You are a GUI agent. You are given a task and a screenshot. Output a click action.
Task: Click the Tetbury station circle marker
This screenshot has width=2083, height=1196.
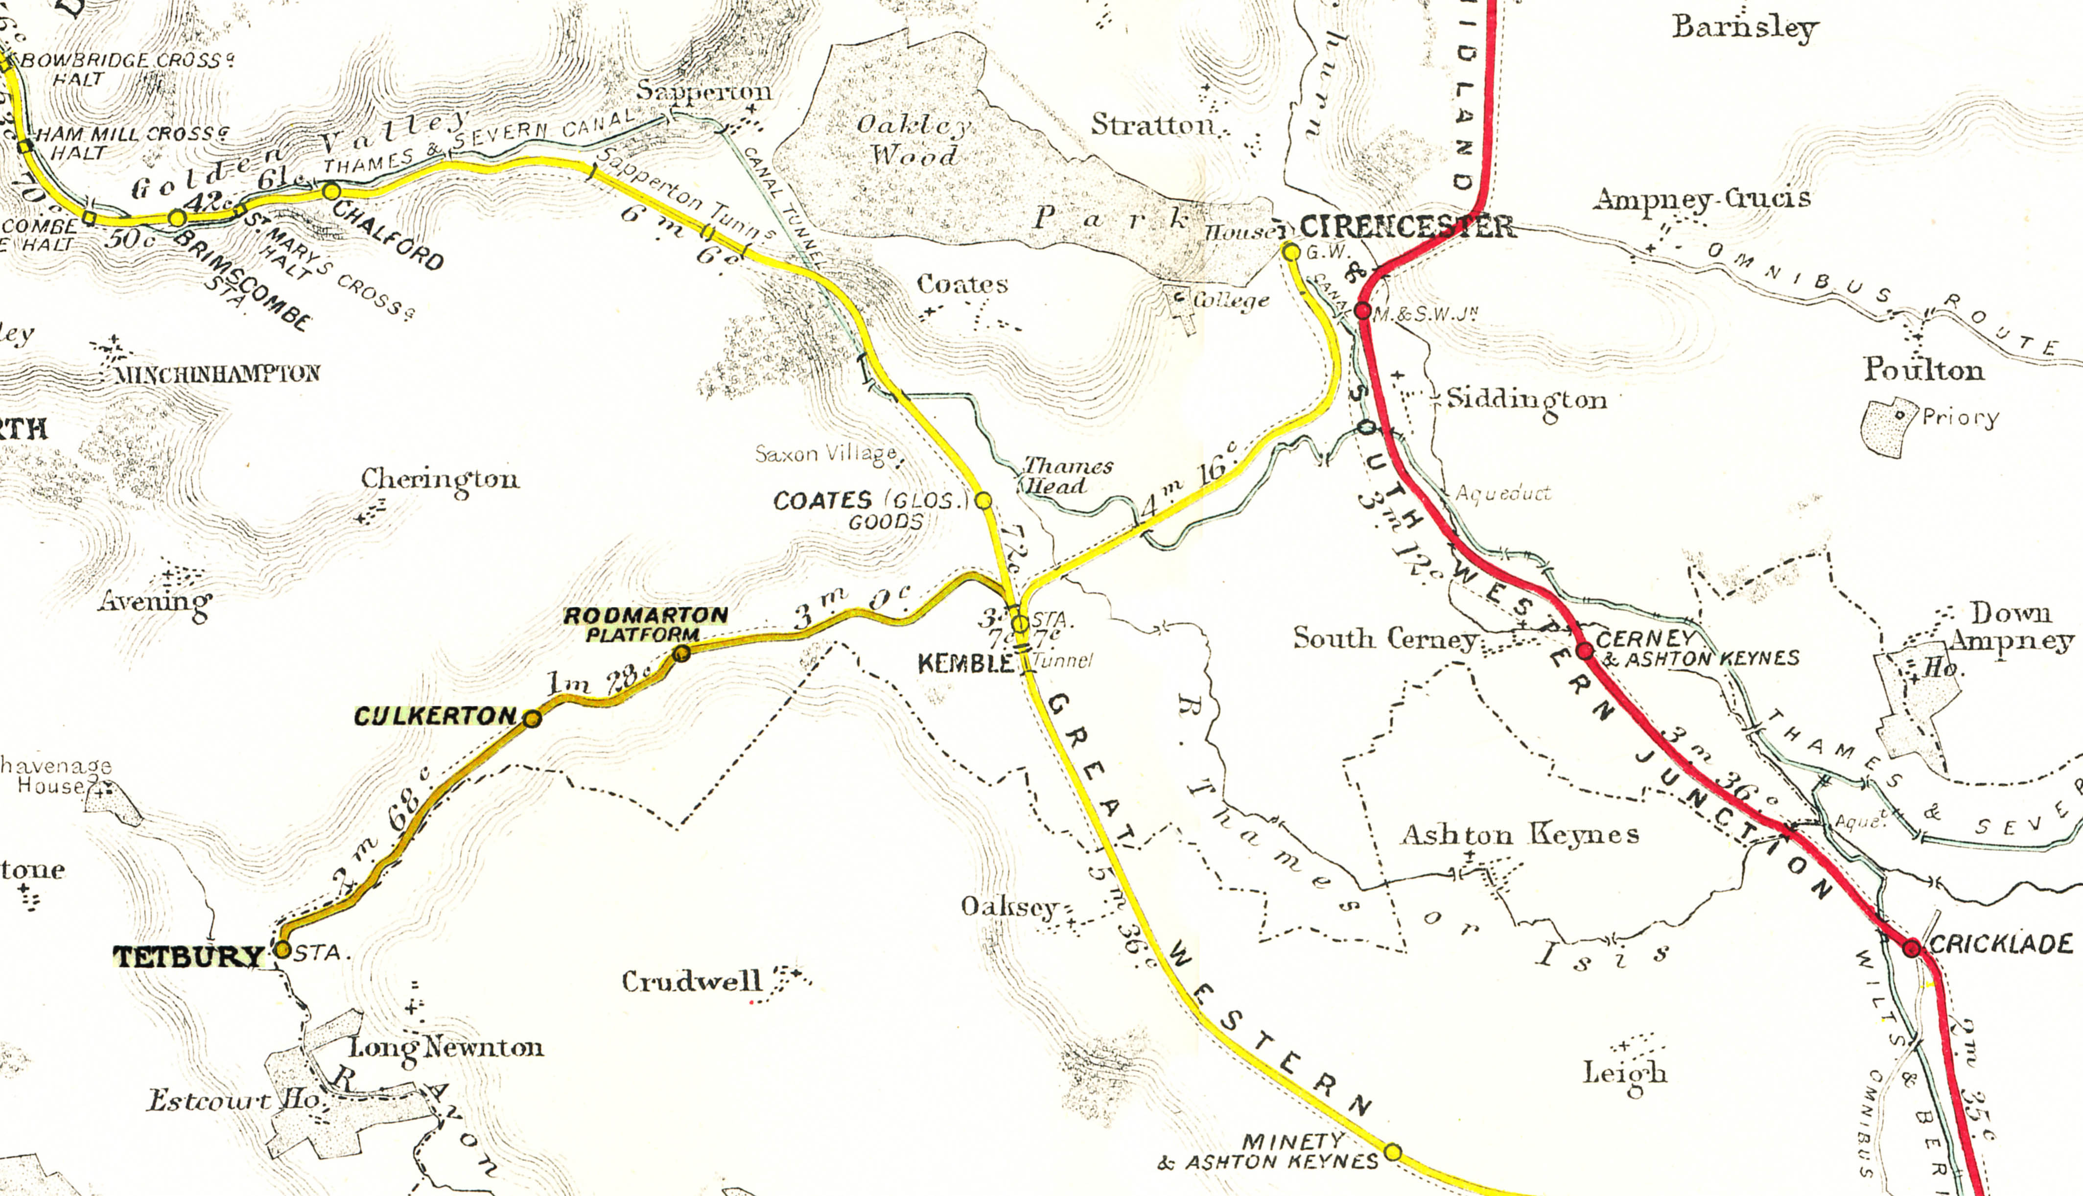click(x=281, y=950)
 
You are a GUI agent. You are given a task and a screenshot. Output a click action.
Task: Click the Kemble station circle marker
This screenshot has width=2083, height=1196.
click(x=1019, y=624)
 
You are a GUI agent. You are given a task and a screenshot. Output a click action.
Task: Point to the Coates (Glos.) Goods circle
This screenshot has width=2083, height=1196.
click(x=983, y=500)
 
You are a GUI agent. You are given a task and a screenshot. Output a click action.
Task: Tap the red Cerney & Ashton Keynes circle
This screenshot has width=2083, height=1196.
click(x=1585, y=652)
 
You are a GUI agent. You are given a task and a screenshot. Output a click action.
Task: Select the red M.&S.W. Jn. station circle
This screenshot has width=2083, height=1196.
click(x=1362, y=310)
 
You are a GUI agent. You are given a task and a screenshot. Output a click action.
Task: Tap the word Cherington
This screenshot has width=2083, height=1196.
click(x=440, y=479)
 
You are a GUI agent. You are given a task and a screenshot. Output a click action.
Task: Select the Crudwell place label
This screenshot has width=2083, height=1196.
click(x=692, y=982)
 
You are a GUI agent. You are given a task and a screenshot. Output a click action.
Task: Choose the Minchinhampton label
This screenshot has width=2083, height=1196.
click(x=217, y=375)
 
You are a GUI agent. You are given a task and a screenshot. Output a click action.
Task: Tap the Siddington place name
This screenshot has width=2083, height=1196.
click(x=1526, y=400)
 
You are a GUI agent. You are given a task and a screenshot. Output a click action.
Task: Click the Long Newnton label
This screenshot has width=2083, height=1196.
click(x=446, y=1048)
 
